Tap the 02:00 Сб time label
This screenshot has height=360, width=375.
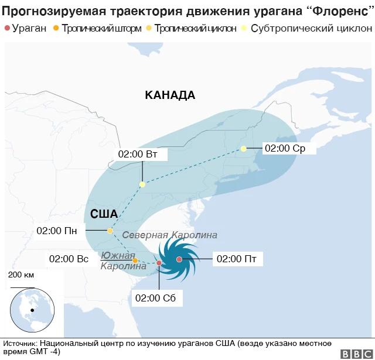click(155, 298)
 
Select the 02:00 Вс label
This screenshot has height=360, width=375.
click(69, 258)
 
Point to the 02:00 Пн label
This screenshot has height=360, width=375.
click(57, 230)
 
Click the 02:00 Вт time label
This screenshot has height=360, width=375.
click(138, 155)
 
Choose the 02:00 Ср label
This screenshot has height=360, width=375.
click(285, 149)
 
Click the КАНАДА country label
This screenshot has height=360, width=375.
click(170, 95)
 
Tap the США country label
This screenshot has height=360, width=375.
click(104, 214)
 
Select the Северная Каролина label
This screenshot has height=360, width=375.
click(169, 235)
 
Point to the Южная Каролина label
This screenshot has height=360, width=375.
click(123, 260)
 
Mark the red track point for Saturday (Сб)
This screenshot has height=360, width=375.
click(159, 263)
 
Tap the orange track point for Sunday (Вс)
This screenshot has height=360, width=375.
click(135, 260)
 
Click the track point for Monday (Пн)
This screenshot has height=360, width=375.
click(110, 231)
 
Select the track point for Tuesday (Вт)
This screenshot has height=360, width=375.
click(142, 184)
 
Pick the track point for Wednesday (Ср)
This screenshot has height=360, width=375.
click(244, 149)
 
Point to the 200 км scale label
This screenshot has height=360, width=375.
click(22, 275)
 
